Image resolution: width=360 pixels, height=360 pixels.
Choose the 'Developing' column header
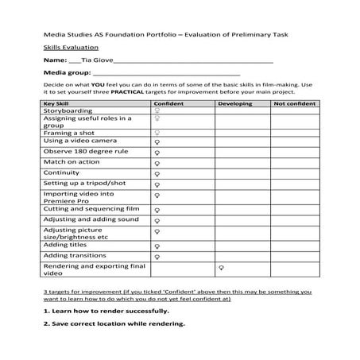234,103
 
